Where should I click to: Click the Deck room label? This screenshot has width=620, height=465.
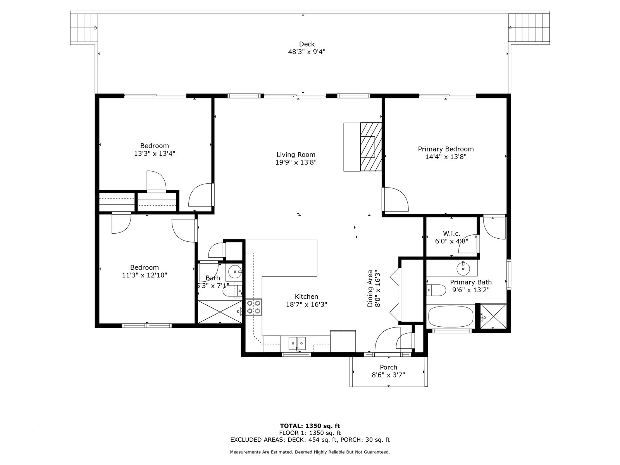pyautogui.click(x=307, y=44)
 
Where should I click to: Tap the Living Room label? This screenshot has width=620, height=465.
pyautogui.click(x=296, y=155)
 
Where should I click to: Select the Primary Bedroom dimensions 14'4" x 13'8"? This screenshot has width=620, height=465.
pyautogui.click(x=446, y=157)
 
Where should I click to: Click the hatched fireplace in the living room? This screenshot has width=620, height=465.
pyautogui.click(x=371, y=146)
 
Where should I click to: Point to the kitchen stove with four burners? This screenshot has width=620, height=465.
pyautogui.click(x=254, y=307)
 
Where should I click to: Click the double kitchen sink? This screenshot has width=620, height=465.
pyautogui.click(x=297, y=344)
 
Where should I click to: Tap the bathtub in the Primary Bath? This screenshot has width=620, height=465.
pyautogui.click(x=451, y=317)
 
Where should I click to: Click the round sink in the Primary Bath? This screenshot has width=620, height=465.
pyautogui.click(x=463, y=268)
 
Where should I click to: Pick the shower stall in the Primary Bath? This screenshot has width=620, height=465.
pyautogui.click(x=493, y=316)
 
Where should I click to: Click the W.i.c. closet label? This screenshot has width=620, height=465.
pyautogui.click(x=451, y=234)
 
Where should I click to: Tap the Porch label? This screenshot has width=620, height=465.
pyautogui.click(x=388, y=367)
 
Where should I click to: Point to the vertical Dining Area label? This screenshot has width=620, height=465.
pyautogui.click(x=370, y=289)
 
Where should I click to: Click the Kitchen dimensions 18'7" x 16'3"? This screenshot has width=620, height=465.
pyautogui.click(x=307, y=304)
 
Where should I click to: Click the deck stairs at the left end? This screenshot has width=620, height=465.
pyautogui.click(x=84, y=28)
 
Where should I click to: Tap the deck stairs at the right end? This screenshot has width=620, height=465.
pyautogui.click(x=529, y=28)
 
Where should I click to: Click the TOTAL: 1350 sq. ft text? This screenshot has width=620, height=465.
pyautogui.click(x=310, y=426)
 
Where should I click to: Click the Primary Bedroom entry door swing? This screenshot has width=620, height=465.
pyautogui.click(x=396, y=199)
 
